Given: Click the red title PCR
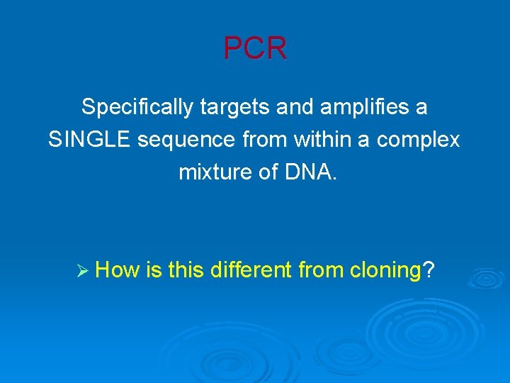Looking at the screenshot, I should pos(255,49).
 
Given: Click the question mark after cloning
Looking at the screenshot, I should pos(429,270).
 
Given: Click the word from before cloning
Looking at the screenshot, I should pos(321,270).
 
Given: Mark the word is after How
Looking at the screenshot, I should pos(154,270).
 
